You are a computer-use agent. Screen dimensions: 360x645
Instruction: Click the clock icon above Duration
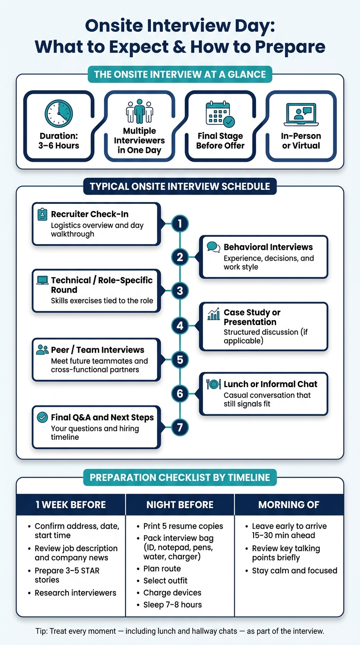pyautogui.click(x=59, y=114)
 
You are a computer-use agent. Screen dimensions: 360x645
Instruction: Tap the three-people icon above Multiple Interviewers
pyautogui.click(x=139, y=112)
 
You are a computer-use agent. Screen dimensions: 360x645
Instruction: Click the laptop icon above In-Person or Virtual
pyautogui.click(x=301, y=114)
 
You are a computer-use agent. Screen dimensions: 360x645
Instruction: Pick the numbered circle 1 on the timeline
pyautogui.click(x=180, y=224)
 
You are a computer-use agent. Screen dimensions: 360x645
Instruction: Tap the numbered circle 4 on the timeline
pyautogui.click(x=180, y=326)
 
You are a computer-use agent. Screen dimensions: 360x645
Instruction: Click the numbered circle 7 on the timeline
pyautogui.click(x=180, y=427)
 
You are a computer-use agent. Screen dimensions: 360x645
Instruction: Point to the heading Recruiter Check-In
pyautogui.click(x=90, y=214)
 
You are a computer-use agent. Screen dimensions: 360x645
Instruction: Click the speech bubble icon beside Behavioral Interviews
pyautogui.click(x=213, y=247)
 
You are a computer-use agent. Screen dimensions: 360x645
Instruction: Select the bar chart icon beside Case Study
pyautogui.click(x=213, y=314)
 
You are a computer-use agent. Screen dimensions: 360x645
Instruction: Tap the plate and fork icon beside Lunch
pyautogui.click(x=213, y=384)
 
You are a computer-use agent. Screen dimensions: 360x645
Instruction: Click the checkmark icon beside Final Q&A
pyautogui.click(x=42, y=417)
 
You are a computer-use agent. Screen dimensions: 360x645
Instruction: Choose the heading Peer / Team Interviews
pyautogui.click(x=97, y=350)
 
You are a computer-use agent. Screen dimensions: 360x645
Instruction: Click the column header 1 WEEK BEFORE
pyautogui.click(x=71, y=504)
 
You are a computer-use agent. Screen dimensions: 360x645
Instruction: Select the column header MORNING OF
pyautogui.click(x=289, y=504)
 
